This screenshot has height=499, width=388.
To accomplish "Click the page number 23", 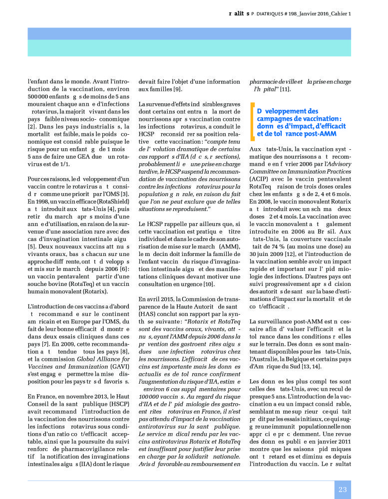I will (x=343, y=490).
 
